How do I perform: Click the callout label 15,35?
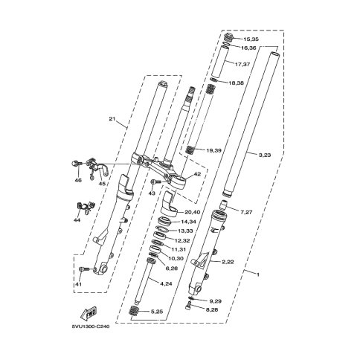point(251,39)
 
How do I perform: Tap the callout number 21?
point(112,119)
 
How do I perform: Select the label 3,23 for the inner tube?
point(265,155)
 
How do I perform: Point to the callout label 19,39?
point(213,150)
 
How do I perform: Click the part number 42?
point(197,174)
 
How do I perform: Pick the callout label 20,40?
point(193,212)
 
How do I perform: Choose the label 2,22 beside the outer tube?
point(228,262)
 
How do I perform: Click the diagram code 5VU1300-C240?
point(91,327)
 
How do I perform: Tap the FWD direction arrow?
point(89,313)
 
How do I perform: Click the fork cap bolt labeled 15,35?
point(228,38)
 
